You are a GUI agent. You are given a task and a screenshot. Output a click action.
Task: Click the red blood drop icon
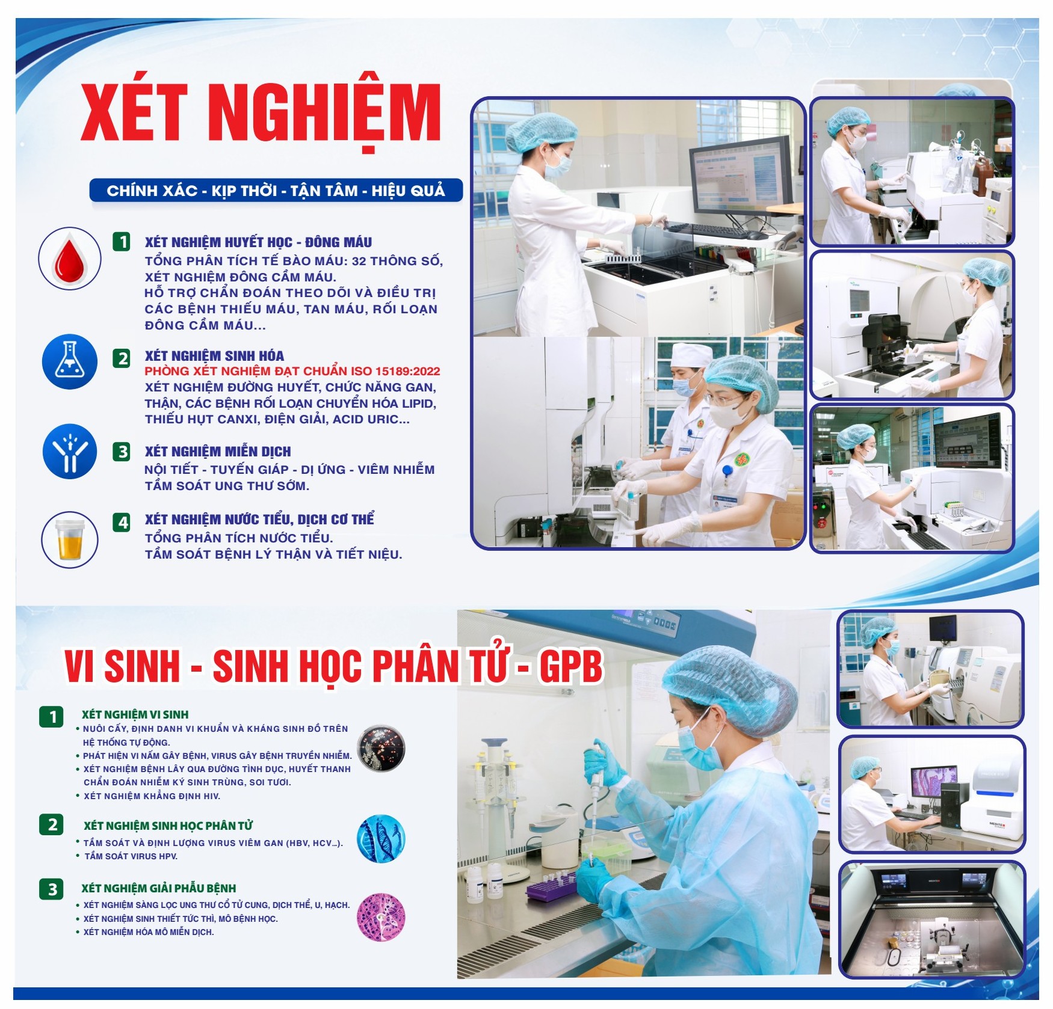click(x=70, y=259)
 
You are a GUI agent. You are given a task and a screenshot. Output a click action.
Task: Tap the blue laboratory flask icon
click(x=70, y=362)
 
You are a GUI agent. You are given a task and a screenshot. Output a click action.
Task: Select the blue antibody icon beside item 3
click(x=70, y=451)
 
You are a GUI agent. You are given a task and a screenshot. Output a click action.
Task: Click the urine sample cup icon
click(x=70, y=539)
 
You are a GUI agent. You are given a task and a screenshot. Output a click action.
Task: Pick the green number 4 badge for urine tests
click(x=122, y=521)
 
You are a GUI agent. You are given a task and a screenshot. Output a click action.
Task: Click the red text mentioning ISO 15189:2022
click(x=292, y=371)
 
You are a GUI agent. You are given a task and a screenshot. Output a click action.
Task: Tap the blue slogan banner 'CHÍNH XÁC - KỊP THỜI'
click(x=276, y=191)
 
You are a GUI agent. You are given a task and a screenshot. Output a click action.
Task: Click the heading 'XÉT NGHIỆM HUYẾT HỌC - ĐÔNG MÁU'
click(x=258, y=242)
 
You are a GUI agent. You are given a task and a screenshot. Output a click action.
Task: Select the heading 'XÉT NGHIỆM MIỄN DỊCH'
click(x=218, y=451)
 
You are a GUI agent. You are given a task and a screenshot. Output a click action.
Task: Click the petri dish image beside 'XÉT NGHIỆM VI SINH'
click(x=381, y=749)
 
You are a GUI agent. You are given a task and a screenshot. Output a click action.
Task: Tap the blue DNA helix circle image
click(x=381, y=839)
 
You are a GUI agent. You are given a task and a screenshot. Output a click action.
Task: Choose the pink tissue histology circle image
click(x=381, y=917)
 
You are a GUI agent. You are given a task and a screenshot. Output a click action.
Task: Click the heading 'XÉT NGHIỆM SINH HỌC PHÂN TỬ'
click(x=168, y=826)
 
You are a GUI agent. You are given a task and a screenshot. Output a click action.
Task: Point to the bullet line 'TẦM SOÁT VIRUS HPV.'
click(x=131, y=856)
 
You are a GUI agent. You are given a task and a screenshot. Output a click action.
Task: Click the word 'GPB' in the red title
click(x=570, y=667)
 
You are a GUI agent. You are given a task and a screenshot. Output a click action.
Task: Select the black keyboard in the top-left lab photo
click(x=712, y=230)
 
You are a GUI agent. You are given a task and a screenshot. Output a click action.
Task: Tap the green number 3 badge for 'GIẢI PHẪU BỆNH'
click(x=52, y=889)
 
